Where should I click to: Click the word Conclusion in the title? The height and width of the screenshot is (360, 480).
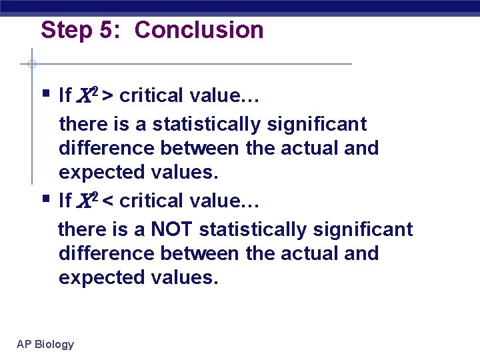click(199, 30)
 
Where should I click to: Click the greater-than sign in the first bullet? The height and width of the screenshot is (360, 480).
click(107, 96)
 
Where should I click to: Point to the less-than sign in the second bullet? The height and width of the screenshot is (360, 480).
click(107, 200)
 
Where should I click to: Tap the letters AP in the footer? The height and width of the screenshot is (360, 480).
click(24, 344)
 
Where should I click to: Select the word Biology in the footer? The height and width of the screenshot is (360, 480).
click(54, 345)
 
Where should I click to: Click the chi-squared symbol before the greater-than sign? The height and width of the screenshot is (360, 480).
click(88, 95)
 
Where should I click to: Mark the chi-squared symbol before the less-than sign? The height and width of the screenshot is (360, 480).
click(88, 199)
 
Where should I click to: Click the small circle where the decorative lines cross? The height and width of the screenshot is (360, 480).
click(31, 64)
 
